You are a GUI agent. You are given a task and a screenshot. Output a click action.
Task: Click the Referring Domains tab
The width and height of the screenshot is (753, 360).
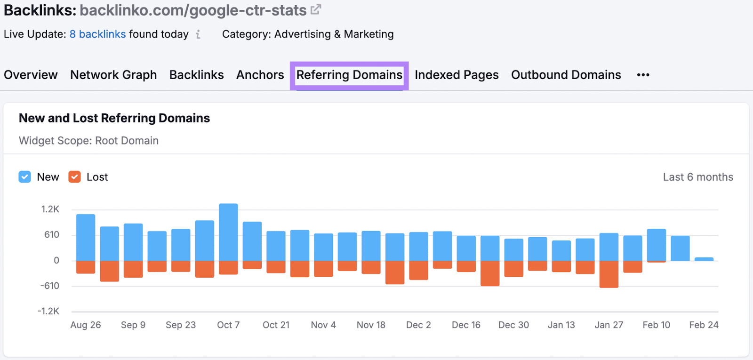click(349, 75)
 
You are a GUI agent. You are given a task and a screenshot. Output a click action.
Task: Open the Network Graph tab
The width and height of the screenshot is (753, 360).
click(113, 75)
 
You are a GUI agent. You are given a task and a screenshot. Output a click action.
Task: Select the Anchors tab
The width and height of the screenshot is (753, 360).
click(260, 75)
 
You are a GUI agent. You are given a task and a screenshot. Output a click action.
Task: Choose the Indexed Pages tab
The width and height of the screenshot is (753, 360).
click(457, 75)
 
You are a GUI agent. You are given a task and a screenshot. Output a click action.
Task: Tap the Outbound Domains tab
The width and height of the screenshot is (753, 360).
click(566, 75)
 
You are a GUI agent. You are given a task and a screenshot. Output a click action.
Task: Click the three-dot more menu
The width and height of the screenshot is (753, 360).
click(643, 75)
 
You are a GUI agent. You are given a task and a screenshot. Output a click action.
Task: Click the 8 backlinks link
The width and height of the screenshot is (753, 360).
click(97, 34)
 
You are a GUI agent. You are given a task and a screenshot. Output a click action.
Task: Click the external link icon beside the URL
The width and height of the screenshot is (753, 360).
click(316, 9)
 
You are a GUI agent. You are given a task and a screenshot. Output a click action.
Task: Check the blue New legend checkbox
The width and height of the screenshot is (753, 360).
click(25, 177)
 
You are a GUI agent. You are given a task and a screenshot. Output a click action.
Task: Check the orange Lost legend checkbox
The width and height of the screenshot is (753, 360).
click(74, 177)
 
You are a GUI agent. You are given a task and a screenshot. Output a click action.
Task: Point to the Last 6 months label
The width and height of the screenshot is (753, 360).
click(698, 177)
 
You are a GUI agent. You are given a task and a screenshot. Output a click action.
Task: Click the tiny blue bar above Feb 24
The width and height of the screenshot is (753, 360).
click(704, 259)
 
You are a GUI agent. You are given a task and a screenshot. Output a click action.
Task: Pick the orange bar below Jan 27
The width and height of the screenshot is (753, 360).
click(609, 274)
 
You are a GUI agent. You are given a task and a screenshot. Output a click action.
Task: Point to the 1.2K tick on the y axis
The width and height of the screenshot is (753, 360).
click(50, 209)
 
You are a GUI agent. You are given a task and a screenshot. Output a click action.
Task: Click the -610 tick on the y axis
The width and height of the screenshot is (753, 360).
click(50, 286)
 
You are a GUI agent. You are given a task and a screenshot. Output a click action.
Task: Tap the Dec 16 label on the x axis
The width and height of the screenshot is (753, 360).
click(466, 325)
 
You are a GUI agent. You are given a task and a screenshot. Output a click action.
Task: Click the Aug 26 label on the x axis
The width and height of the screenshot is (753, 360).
click(86, 325)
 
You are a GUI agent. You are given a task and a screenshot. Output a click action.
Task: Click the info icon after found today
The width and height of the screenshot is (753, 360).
click(198, 34)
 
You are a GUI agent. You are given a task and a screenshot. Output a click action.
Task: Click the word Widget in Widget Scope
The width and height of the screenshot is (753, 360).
click(36, 141)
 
